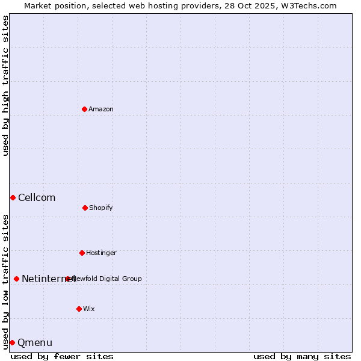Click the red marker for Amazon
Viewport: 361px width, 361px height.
click(x=84, y=109)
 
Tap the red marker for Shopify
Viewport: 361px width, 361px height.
click(x=85, y=208)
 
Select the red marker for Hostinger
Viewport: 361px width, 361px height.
click(x=82, y=253)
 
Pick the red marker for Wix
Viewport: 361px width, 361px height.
click(x=79, y=309)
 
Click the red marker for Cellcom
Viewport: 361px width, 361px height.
click(x=13, y=197)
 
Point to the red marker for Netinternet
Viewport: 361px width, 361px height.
click(x=16, y=279)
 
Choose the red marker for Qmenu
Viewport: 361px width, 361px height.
click(x=12, y=342)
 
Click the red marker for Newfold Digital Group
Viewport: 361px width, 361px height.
click(x=68, y=279)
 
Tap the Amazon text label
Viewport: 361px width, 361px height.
click(x=101, y=109)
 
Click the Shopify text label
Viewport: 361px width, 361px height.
click(x=101, y=208)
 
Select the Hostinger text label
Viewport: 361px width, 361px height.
click(x=101, y=253)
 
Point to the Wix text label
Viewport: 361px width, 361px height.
click(x=89, y=309)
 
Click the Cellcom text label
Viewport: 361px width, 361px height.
click(x=37, y=197)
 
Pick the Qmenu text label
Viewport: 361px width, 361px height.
click(x=35, y=342)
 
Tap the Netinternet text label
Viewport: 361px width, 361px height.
click(x=48, y=279)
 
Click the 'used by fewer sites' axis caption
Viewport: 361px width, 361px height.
click(x=62, y=356)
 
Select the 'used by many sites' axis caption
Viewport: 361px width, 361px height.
click(x=302, y=356)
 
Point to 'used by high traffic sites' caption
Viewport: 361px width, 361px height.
click(x=5, y=85)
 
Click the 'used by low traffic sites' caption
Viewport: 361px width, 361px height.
click(x=5, y=282)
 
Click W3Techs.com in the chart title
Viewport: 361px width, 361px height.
click(x=307, y=5)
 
